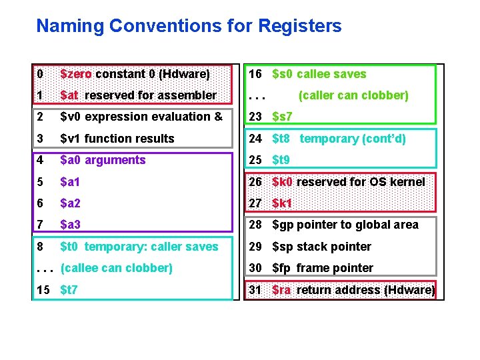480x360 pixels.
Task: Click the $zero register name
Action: click(x=77, y=74)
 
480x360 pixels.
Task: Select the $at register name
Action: click(x=69, y=95)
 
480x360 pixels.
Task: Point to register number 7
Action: click(x=40, y=225)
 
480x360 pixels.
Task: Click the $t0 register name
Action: click(x=69, y=247)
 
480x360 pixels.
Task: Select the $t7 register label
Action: click(x=69, y=290)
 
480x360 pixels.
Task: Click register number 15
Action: click(x=44, y=290)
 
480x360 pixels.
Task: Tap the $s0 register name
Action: click(x=283, y=74)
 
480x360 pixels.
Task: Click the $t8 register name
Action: click(x=281, y=139)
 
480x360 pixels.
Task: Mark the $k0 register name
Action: click(x=283, y=181)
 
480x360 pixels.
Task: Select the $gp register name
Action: click(x=283, y=225)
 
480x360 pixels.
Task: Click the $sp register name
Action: click(x=283, y=247)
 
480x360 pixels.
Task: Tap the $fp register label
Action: click(x=282, y=268)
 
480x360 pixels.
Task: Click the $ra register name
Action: click(x=282, y=290)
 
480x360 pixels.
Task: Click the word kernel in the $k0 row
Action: click(x=406, y=181)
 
